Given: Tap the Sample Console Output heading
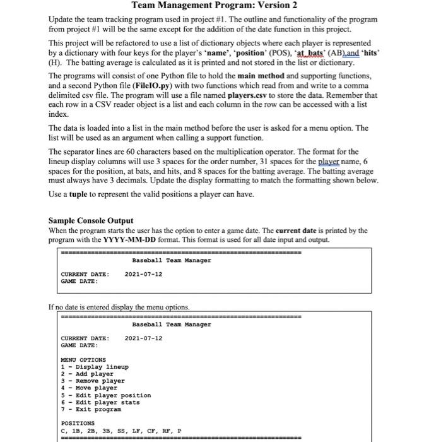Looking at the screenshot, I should (90, 221).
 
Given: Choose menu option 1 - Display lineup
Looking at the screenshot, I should (94, 367).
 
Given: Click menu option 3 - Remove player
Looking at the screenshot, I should (92, 381).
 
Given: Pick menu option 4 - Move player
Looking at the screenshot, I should (89, 388).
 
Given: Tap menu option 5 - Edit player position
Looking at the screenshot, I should (105, 395).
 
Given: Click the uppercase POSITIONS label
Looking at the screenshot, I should (78, 423).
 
